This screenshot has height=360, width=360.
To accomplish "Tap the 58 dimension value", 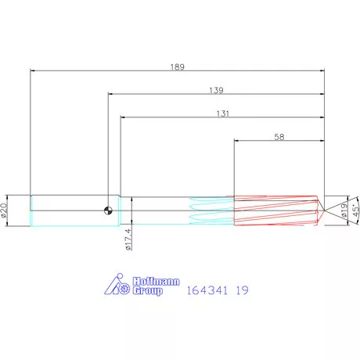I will (279, 136).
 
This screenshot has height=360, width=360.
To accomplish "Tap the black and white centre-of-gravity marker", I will (108, 209).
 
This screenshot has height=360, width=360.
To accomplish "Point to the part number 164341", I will (208, 290).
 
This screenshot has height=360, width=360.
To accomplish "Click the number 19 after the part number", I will (242, 290).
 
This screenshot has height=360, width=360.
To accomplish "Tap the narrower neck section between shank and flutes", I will (157, 210).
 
